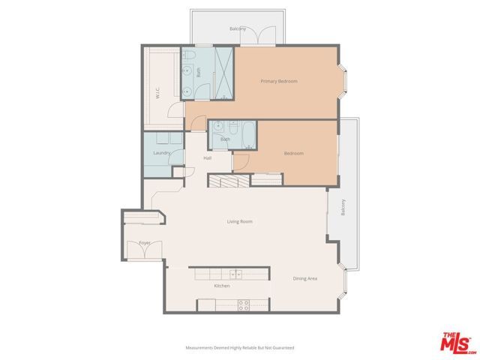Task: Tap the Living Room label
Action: click(240, 221)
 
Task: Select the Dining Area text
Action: click(304, 278)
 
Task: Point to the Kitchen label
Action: click(221, 286)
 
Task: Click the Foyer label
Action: click(145, 243)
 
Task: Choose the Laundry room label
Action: click(161, 153)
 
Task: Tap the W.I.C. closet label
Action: click(158, 94)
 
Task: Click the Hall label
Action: click(208, 158)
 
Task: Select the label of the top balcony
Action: click(238, 29)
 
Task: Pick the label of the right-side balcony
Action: click(343, 206)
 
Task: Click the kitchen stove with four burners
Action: click(244, 304)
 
